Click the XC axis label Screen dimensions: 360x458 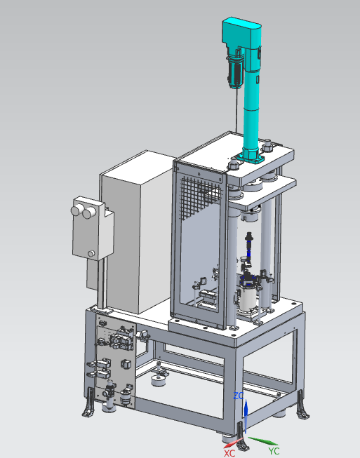[x=229, y=453]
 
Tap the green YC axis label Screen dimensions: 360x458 [x=274, y=451]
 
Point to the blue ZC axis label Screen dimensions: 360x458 [x=239, y=396]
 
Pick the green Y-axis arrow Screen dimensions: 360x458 [x=262, y=440]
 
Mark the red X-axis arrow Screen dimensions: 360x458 [x=233, y=443]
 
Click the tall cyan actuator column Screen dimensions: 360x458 [x=251, y=105]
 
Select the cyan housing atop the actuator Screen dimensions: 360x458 [x=241, y=32]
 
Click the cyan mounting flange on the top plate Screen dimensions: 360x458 [x=251, y=157]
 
